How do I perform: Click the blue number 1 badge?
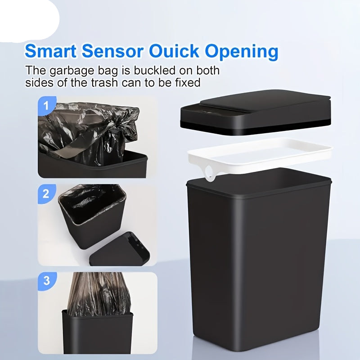pyautogui.click(x=46, y=107)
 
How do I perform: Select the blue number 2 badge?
pyautogui.click(x=46, y=194)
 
